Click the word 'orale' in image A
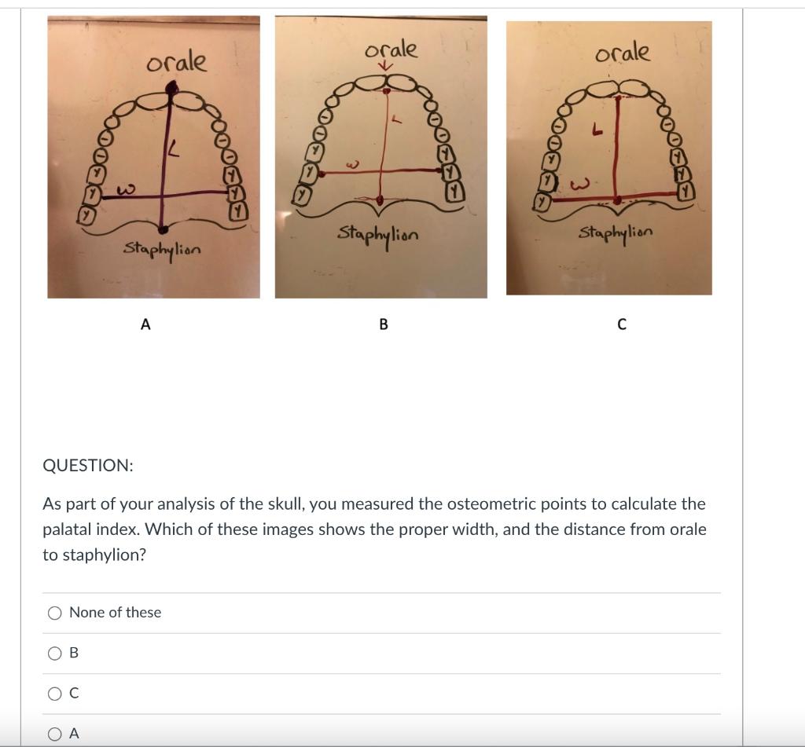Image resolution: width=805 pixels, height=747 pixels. click(x=177, y=62)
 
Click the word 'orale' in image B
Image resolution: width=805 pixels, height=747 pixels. click(x=390, y=49)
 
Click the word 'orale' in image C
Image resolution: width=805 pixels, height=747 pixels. click(x=623, y=53)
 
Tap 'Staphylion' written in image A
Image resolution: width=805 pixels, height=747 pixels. click(x=162, y=249)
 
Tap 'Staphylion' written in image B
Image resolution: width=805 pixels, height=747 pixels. click(x=378, y=234)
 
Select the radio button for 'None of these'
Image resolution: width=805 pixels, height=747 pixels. click(x=55, y=613)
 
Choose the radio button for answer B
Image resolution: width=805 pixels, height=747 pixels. click(x=55, y=654)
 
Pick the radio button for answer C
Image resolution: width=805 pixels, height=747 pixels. click(x=55, y=694)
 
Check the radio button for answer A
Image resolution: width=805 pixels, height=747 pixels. click(x=55, y=734)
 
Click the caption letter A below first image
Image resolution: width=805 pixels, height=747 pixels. click(x=145, y=324)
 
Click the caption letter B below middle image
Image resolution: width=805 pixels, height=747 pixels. click(x=384, y=324)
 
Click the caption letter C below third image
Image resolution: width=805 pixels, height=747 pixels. click(x=622, y=324)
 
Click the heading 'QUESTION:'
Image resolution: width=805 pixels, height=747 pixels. click(x=88, y=465)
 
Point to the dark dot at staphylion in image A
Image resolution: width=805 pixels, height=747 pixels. click(x=164, y=229)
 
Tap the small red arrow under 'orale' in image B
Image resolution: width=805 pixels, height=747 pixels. click(x=384, y=67)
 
